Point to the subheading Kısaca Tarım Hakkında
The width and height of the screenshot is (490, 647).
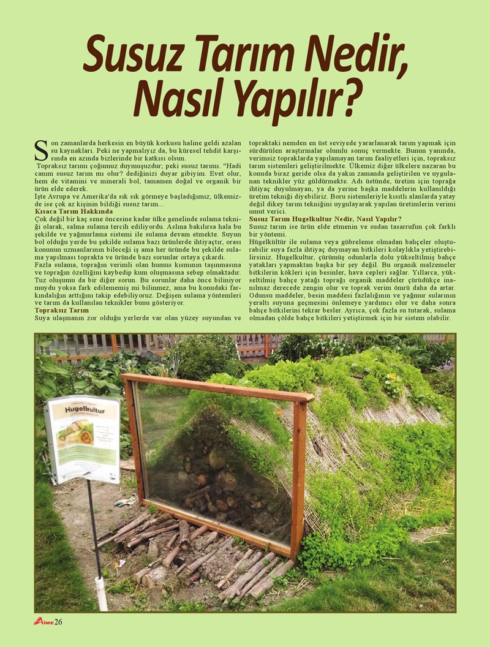[69, 211]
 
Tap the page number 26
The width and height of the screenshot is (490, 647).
[59, 622]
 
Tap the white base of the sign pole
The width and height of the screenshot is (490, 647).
[101, 593]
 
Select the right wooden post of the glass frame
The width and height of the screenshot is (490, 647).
[298, 472]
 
